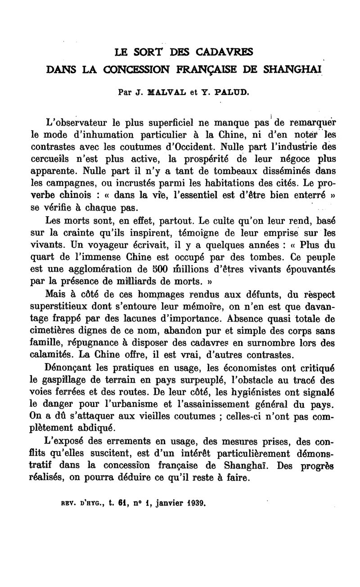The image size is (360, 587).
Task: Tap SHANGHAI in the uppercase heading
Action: coord(295,70)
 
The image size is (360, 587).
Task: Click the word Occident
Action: coord(195,147)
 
